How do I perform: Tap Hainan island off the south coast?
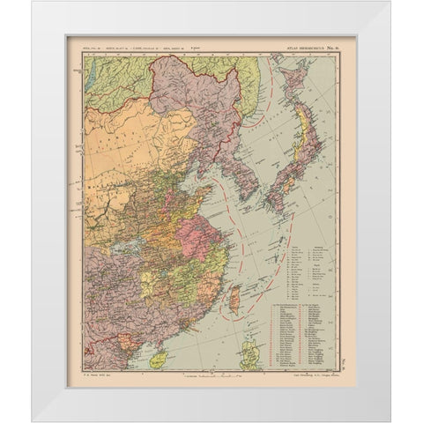click(x=158, y=359)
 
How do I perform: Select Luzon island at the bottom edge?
click(x=249, y=354)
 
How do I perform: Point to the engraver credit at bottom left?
click(x=101, y=375)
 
